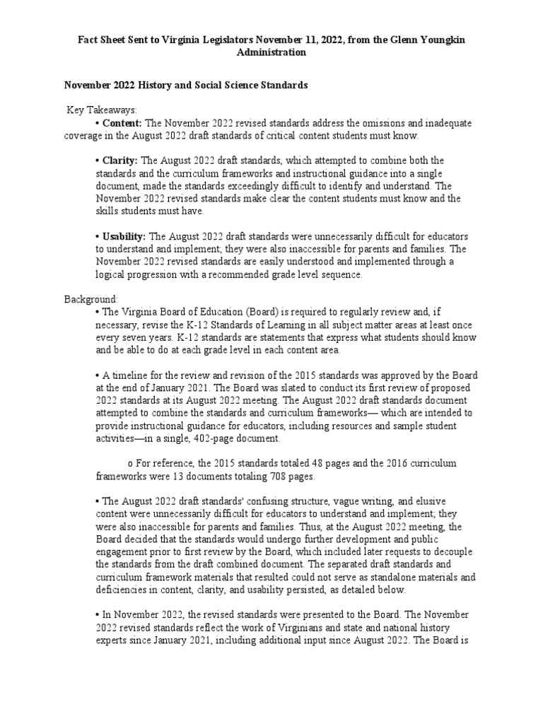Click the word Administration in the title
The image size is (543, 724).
pyautogui.click(x=271, y=52)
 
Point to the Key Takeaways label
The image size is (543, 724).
pyautogui.click(x=102, y=110)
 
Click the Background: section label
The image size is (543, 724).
pyautogui.click(x=91, y=300)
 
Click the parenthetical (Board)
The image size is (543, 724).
pyautogui.click(x=264, y=312)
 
